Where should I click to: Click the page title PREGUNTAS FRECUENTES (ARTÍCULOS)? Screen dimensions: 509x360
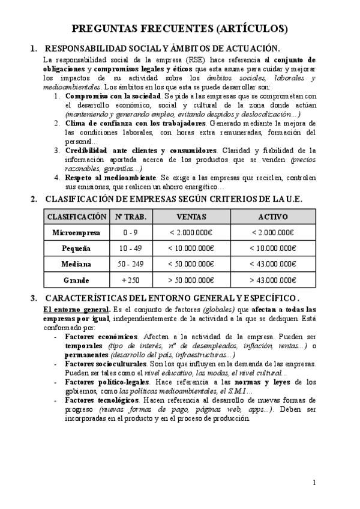click(179, 28)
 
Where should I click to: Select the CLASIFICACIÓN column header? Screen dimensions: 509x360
click(77, 216)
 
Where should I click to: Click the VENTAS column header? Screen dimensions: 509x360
click(191, 216)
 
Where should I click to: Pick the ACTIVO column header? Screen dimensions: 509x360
click(273, 216)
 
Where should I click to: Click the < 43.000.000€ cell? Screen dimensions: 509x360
click(273, 264)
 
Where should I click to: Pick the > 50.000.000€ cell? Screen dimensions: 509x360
click(191, 280)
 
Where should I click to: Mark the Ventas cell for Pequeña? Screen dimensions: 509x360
click(191, 248)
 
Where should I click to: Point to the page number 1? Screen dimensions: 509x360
click(314, 483)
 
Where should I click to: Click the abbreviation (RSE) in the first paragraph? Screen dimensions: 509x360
click(194, 60)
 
